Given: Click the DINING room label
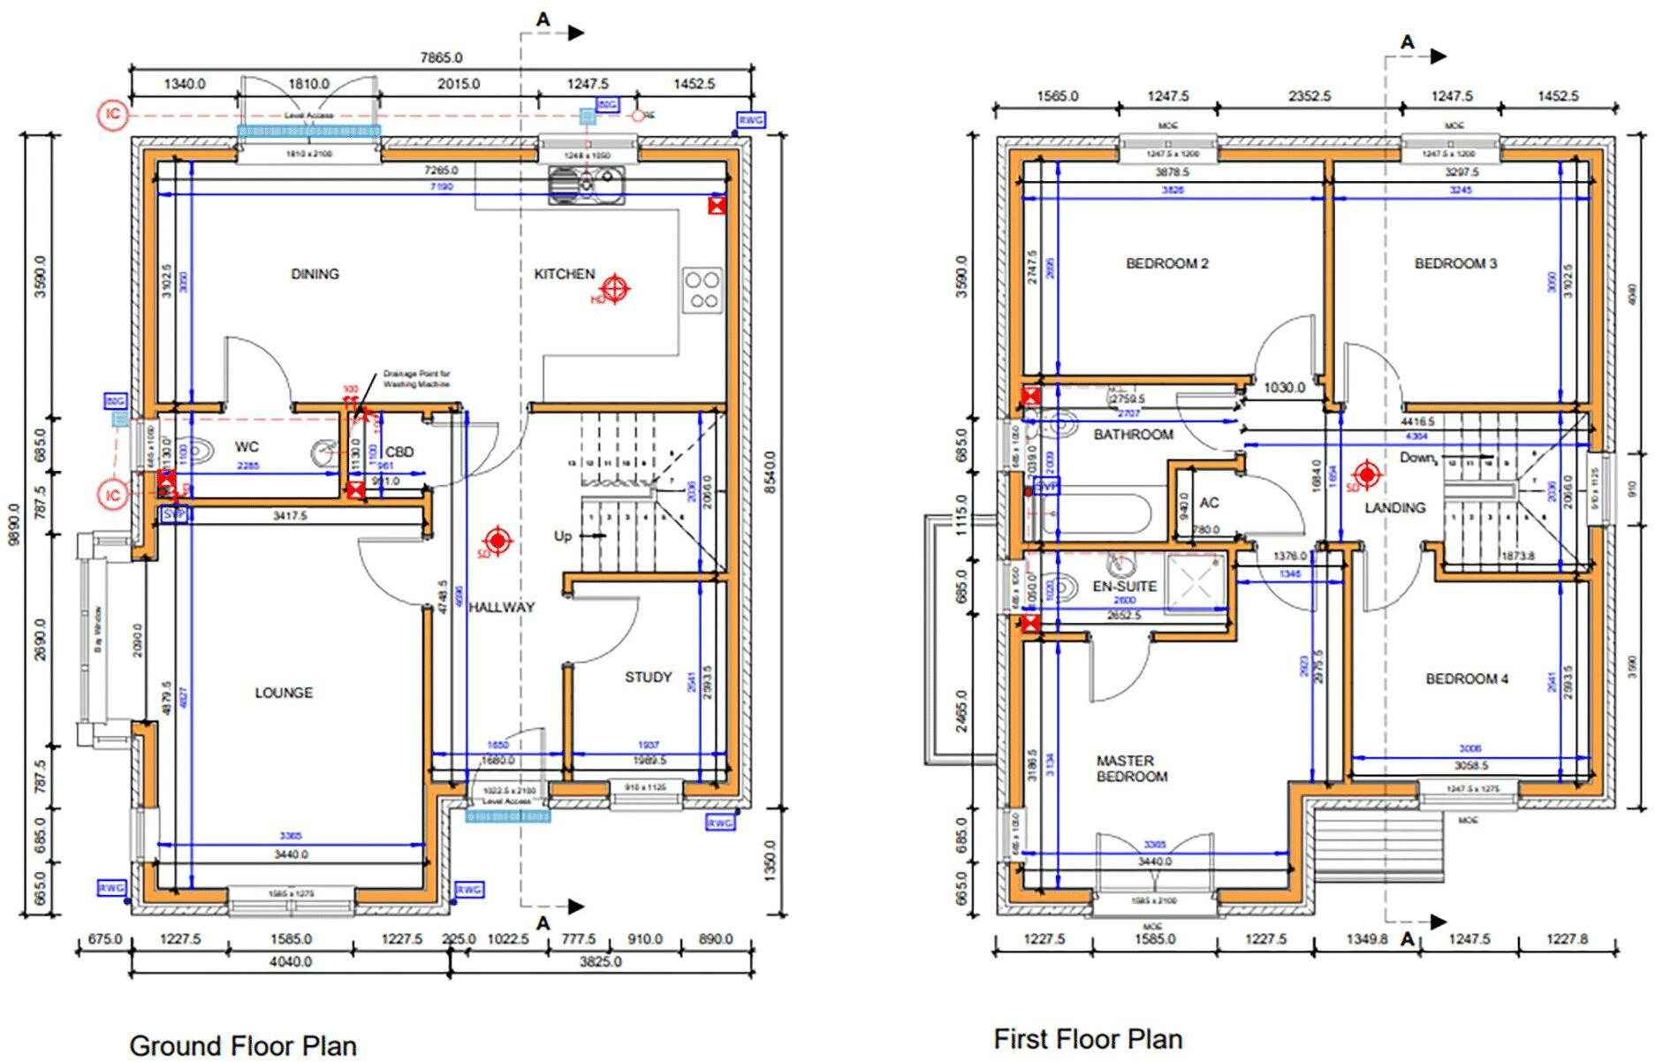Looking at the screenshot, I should [x=315, y=274].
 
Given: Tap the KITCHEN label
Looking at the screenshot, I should [x=564, y=274].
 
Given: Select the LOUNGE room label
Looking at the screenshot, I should [x=284, y=693].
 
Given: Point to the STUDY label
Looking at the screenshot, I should [x=649, y=677].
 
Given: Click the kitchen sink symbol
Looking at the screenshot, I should [x=586, y=185].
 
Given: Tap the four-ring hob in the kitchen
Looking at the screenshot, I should [x=702, y=290].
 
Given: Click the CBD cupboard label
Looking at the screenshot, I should [x=399, y=452].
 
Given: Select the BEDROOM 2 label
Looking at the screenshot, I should [x=1167, y=263].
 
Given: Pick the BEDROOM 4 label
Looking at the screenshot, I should [x=1467, y=679].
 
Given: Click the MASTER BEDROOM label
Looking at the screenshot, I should [x=1132, y=769].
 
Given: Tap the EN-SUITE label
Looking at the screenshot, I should [x=1125, y=586].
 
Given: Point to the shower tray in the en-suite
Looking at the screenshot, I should [x=1195, y=582].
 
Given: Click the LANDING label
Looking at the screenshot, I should [x=1394, y=507].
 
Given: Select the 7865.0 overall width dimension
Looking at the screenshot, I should [x=441, y=57].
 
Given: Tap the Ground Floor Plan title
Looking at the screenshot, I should [x=243, y=1045].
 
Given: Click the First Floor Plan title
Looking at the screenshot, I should [x=1088, y=1039].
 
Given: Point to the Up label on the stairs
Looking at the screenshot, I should [x=563, y=536].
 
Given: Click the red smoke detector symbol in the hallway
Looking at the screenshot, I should [x=497, y=541].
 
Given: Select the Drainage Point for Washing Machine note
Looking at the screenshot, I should [x=416, y=379].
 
